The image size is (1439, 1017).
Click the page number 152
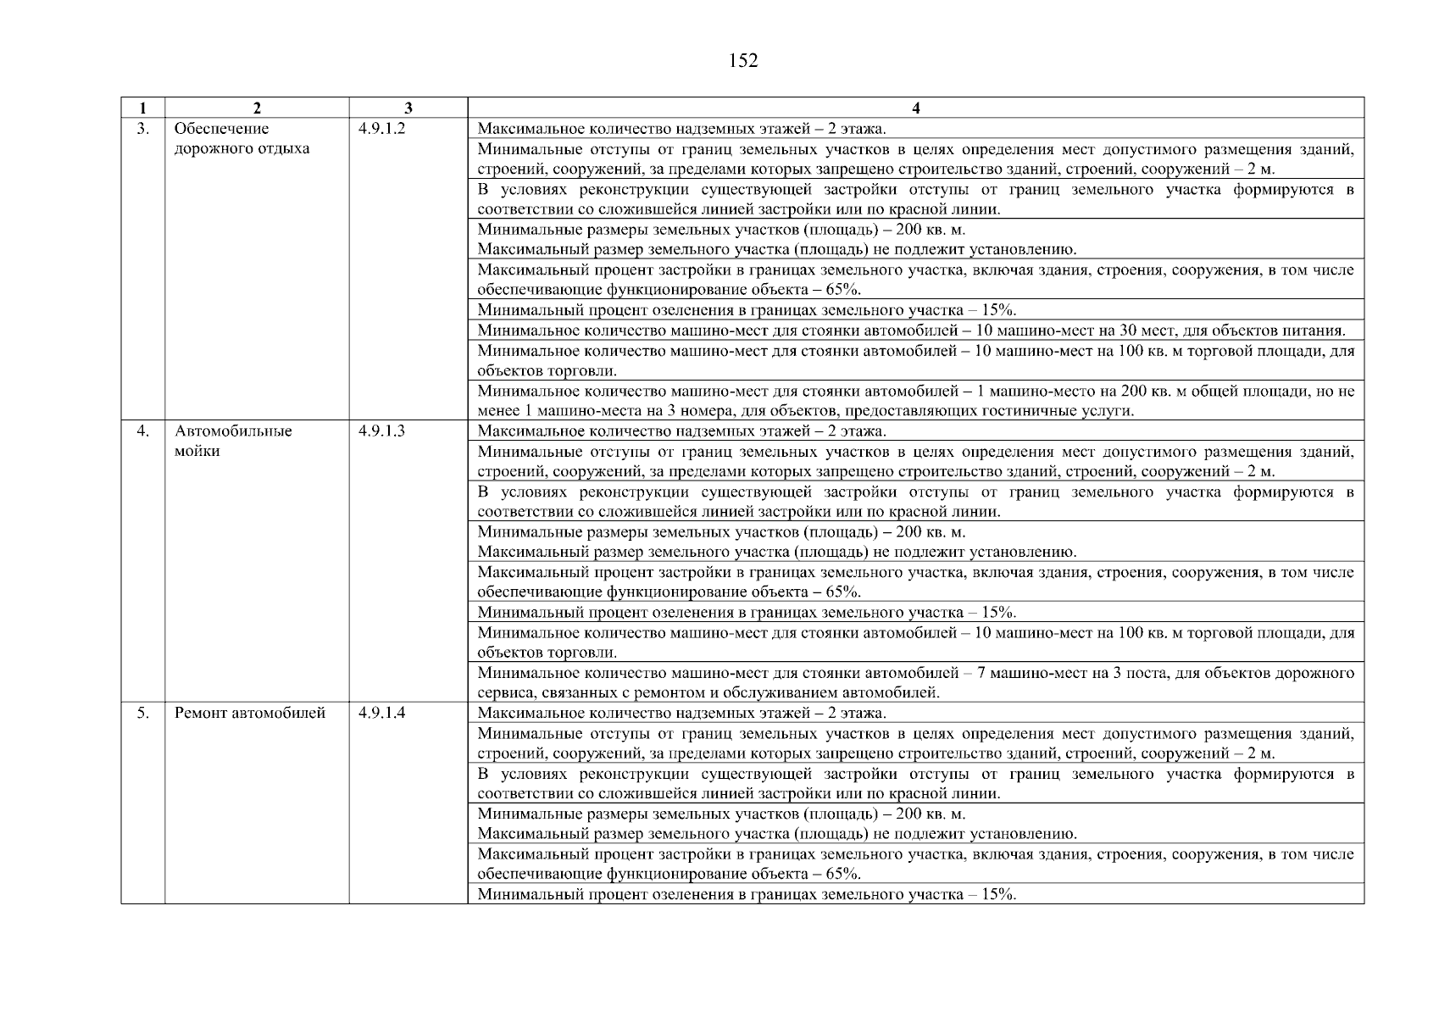(742, 61)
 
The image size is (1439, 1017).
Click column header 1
(142, 108)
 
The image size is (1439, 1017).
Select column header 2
(257, 108)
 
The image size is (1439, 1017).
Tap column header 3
(408, 108)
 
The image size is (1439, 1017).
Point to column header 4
(916, 108)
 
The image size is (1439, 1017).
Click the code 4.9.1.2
(381, 129)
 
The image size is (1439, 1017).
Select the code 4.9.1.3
(381, 431)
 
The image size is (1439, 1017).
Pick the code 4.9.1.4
(381, 713)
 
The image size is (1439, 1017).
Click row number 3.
(143, 129)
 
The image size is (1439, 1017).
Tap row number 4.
(143, 431)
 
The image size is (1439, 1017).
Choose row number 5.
(143, 713)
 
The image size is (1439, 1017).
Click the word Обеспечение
(221, 129)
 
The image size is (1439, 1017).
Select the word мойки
(197, 452)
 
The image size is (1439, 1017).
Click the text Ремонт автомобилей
(250, 713)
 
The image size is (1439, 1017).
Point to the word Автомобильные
(233, 431)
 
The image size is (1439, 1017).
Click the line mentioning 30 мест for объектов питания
(911, 331)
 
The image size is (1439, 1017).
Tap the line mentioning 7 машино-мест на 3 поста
(915, 674)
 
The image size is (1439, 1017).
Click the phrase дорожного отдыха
(242, 149)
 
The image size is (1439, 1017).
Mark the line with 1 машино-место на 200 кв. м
(915, 392)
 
